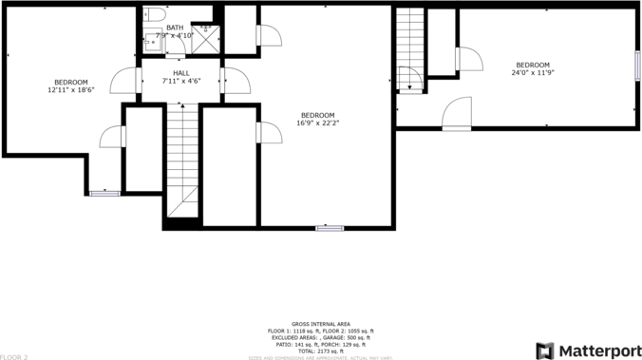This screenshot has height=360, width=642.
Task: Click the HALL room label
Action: coord(180,73)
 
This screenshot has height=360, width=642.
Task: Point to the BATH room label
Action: coord(175,28)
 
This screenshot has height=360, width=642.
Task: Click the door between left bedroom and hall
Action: coord(126,82)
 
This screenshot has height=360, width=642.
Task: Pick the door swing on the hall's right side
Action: coord(236,82)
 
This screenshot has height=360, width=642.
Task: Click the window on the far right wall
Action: coord(637,64)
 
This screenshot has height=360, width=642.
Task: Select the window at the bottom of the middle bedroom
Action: coord(329,228)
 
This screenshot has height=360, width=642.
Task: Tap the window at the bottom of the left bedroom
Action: coord(104,194)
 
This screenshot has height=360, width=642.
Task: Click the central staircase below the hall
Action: coord(181,157)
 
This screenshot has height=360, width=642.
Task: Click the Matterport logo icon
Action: coord(545,351)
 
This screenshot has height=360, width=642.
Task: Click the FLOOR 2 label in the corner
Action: coord(14,356)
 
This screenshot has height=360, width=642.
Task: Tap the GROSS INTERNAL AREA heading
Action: coord(320,324)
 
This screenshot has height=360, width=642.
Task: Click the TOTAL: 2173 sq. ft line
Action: coord(320,351)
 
